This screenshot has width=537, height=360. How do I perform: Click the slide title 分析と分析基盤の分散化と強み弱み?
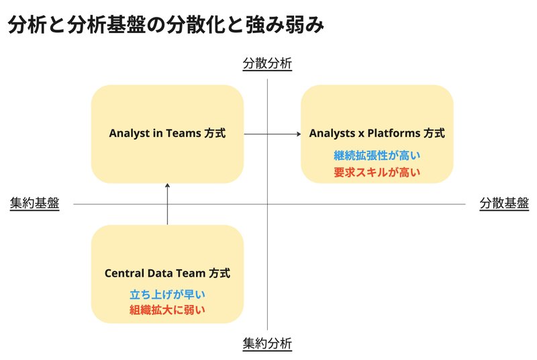tap(166, 25)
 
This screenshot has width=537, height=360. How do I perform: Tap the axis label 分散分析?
tap(267, 63)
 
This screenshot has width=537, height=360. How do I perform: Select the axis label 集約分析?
tap(267, 343)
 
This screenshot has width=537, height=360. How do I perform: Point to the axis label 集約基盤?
tap(35, 203)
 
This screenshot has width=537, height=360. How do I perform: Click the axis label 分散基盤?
tap(504, 203)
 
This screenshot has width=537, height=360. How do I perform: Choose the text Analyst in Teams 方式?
tap(167, 133)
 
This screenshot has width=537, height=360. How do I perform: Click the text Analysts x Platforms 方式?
tap(377, 133)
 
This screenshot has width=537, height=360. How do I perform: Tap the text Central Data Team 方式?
tap(167, 273)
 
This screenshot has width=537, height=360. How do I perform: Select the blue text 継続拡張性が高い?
tap(377, 156)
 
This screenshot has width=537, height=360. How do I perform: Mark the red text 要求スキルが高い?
tap(377, 172)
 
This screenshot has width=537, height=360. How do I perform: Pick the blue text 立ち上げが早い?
tap(167, 294)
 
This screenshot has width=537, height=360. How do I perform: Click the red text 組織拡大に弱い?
tap(167, 310)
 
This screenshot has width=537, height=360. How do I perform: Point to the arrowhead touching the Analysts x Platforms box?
tap(299, 134)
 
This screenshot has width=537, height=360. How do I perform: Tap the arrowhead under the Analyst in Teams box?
tap(167, 185)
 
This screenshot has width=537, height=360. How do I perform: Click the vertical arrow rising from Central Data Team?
tap(167, 204)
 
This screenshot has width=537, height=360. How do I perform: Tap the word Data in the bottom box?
tap(162, 273)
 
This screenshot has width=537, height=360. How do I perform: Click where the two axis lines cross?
tap(267, 204)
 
